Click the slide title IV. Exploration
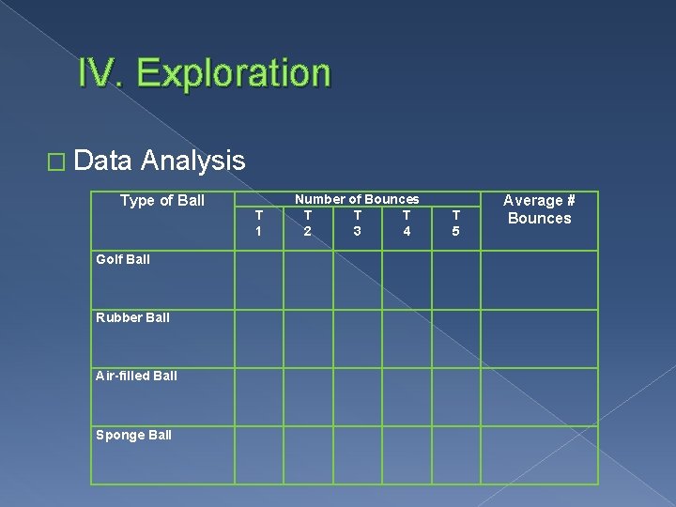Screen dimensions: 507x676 pos(205,73)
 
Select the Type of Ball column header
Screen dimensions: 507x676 pos(162,200)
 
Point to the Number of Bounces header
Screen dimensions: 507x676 pos(357,199)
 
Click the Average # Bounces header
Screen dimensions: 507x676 pos(539,209)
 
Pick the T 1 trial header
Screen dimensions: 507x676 pos(258,223)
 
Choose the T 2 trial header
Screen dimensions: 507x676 pos(307,223)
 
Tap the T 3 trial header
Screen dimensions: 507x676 pos(357,223)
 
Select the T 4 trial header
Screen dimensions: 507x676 pos(407,223)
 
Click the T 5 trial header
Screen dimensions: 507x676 pos(455,223)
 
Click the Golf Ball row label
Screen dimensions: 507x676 pos(123,259)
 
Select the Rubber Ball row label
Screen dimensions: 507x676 pos(132,317)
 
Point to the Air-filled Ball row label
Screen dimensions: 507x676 pos(136,376)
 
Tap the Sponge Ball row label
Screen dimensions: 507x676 pos(133,435)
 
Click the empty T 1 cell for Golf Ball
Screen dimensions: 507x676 pos(258,280)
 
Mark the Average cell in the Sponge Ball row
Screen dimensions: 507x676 pos(539,455)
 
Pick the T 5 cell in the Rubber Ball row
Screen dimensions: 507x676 pos(455,338)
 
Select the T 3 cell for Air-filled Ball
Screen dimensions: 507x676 pos(357,396)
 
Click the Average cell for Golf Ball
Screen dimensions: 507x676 pos(539,280)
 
